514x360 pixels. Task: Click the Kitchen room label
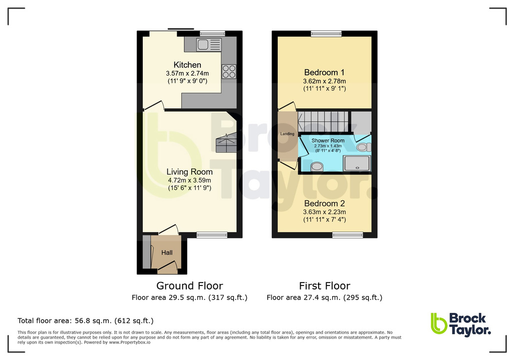(x=187, y=65)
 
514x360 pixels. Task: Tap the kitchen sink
(x=209, y=44)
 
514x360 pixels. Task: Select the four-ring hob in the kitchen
(x=229, y=71)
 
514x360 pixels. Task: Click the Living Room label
(x=189, y=172)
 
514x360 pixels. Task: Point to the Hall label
(x=167, y=252)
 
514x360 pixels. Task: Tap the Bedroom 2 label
(x=325, y=203)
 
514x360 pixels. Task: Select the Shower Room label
(x=328, y=140)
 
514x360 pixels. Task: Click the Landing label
(x=287, y=133)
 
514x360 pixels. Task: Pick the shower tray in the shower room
(x=358, y=163)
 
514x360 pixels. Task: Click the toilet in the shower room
(x=364, y=147)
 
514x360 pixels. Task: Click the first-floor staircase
(x=323, y=121)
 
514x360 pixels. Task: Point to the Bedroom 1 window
(x=326, y=33)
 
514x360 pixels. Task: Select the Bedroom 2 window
(x=348, y=234)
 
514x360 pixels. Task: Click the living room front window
(x=212, y=234)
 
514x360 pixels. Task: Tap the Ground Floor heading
(x=189, y=286)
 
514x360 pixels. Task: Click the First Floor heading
(x=325, y=286)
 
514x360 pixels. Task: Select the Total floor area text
(x=85, y=320)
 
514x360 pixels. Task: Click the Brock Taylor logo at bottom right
(x=460, y=323)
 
